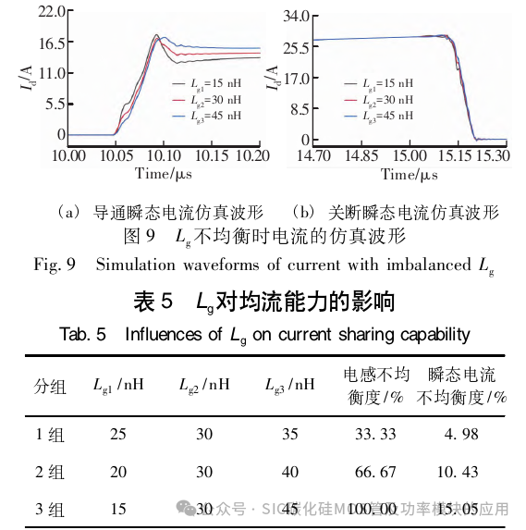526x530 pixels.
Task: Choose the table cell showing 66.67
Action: (x=376, y=472)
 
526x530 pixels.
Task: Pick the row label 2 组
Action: (x=50, y=472)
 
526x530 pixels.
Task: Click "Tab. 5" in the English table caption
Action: (x=85, y=333)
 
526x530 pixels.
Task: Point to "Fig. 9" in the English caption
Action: (x=55, y=266)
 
